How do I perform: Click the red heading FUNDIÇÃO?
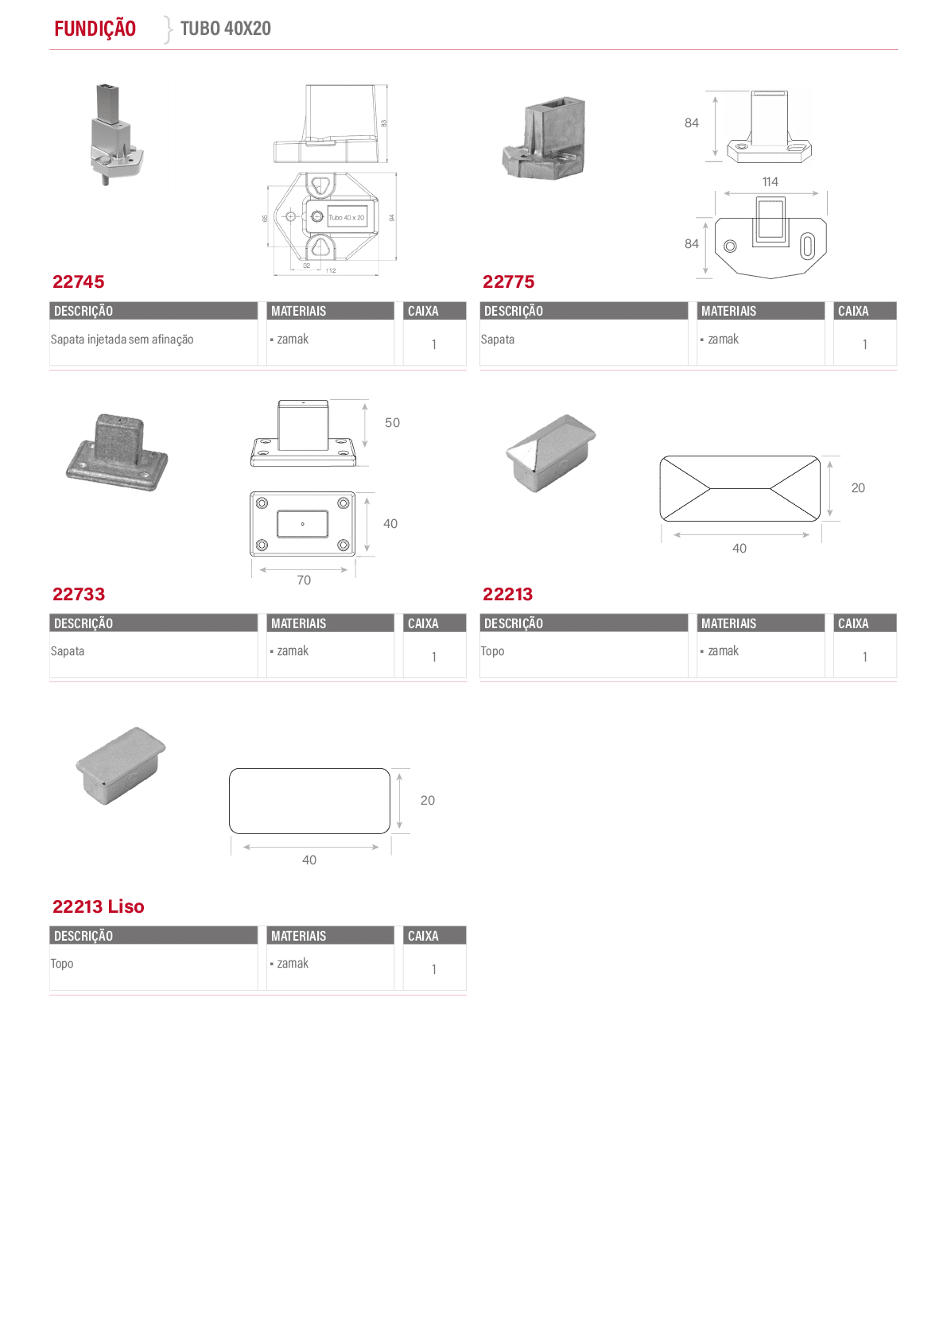pyautogui.click(x=95, y=29)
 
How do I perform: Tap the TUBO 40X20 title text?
pyautogui.click(x=225, y=28)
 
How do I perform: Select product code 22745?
pyautogui.click(x=78, y=281)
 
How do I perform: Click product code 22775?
pyautogui.click(x=508, y=281)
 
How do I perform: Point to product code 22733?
pyautogui.click(x=78, y=594)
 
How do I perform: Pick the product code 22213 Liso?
pyautogui.click(x=98, y=906)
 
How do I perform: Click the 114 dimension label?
pyautogui.click(x=770, y=182)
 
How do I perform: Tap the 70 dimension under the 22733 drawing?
pyautogui.click(x=304, y=580)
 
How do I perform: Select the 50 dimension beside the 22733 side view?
pyautogui.click(x=392, y=423)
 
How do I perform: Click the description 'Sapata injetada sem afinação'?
pyautogui.click(x=122, y=340)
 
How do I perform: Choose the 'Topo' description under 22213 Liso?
pyautogui.click(x=61, y=964)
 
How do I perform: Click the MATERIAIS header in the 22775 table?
pyautogui.click(x=728, y=311)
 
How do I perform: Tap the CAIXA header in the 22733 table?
pyautogui.click(x=423, y=623)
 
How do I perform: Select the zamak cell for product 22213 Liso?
pyautogui.click(x=293, y=963)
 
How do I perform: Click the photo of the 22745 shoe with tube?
pyautogui.click(x=114, y=134)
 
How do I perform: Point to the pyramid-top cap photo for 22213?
pyautogui.click(x=550, y=452)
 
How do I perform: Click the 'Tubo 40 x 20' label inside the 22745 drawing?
pyautogui.click(x=346, y=218)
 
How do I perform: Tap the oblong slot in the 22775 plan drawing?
pyautogui.click(x=807, y=246)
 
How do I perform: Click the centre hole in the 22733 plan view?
pyautogui.click(x=302, y=524)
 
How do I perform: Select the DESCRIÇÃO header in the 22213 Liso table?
pyautogui.click(x=83, y=936)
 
